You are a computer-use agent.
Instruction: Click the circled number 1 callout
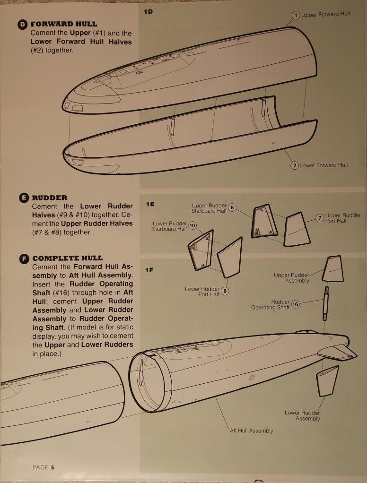296,15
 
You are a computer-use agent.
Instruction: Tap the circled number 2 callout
295,166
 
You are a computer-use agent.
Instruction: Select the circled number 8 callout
232,208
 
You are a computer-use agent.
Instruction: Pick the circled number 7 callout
320,218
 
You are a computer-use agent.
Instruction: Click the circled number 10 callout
192,226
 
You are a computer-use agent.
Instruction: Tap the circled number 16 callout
295,305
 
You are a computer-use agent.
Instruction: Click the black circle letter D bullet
23,25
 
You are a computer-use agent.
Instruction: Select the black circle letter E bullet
24,198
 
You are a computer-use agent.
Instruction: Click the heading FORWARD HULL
64,24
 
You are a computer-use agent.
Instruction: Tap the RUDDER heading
50,198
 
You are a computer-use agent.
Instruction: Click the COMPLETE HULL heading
68,258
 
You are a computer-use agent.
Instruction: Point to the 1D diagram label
148,12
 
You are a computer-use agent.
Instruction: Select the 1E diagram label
150,204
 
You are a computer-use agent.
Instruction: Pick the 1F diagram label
149,270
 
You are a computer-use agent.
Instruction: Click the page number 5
52,467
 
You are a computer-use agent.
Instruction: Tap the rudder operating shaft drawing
326,303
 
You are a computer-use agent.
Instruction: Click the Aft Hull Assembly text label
252,431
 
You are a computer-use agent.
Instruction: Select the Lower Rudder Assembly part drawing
327,381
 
